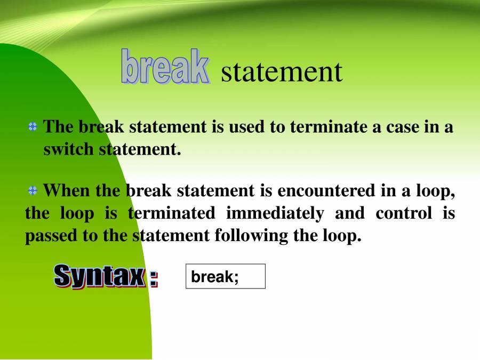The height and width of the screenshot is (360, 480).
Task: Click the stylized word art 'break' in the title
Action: [165, 67]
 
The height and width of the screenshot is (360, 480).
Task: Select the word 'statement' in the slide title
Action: [281, 71]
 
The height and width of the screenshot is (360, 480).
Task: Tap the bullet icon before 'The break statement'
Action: [33, 127]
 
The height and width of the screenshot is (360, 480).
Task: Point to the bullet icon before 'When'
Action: [33, 190]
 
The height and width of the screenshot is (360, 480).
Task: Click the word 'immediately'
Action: [275, 213]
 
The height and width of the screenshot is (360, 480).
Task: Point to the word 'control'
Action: [403, 213]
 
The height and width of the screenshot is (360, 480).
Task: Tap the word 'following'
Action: [251, 236]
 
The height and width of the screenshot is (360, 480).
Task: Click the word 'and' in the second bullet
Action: [349, 213]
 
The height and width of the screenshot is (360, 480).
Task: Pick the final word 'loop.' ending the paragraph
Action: [342, 236]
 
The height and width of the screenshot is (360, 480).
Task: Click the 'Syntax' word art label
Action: [99, 276]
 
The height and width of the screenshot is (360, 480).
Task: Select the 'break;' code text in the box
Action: [215, 277]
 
